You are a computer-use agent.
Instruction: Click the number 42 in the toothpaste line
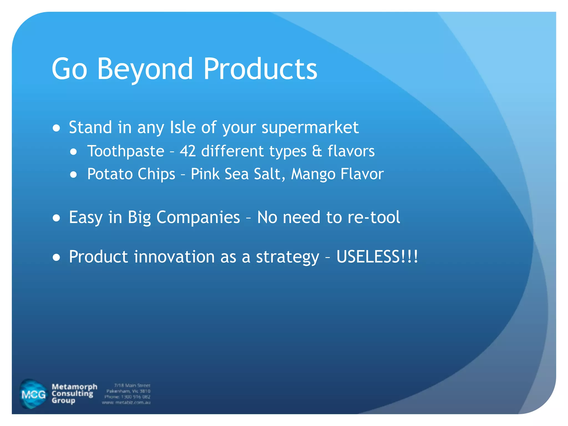point(188,151)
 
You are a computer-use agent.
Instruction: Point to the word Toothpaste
point(126,151)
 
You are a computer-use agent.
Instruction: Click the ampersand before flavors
point(317,151)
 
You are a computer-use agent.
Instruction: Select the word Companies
point(198,217)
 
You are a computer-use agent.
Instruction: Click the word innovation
point(174,257)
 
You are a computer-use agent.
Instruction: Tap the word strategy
point(287,257)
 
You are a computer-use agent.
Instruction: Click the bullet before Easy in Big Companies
point(56,218)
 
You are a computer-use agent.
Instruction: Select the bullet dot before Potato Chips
point(73,175)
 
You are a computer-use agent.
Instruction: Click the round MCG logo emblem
point(33,394)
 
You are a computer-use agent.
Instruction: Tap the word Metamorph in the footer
point(74,387)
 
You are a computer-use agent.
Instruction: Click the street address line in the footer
point(132,386)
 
